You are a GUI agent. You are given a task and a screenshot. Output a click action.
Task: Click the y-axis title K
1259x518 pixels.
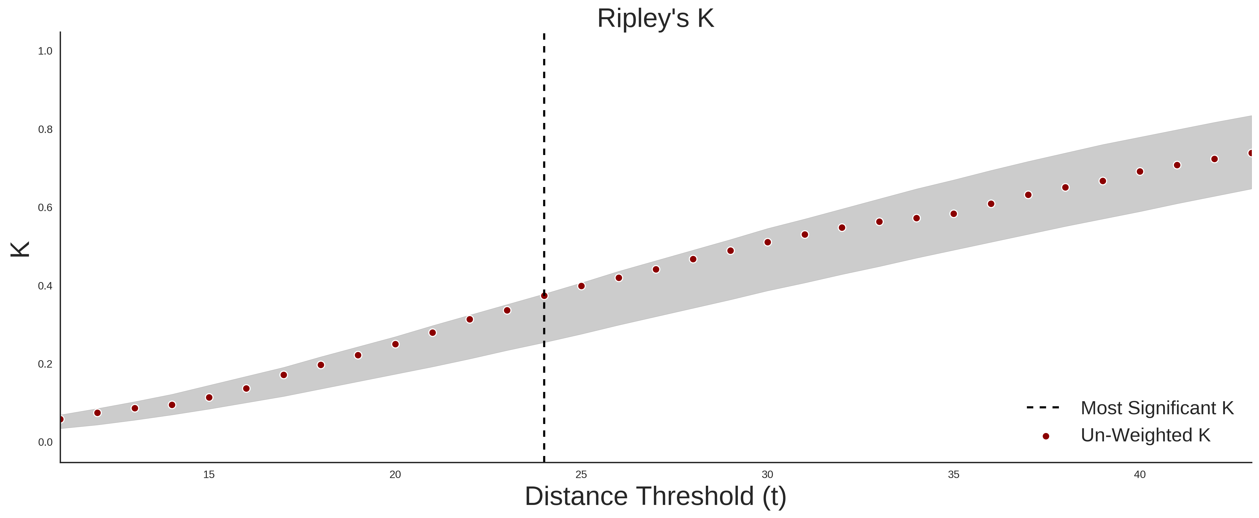click(x=20, y=249)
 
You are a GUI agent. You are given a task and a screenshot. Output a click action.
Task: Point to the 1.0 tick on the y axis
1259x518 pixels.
click(x=45, y=51)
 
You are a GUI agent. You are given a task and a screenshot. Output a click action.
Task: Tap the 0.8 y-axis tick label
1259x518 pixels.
click(x=45, y=130)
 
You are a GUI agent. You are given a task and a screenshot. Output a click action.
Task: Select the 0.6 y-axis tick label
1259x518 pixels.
click(x=45, y=208)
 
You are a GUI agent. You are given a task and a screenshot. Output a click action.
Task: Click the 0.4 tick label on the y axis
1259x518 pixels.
click(x=45, y=286)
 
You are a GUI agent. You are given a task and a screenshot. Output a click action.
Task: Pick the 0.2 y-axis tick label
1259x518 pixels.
click(x=45, y=364)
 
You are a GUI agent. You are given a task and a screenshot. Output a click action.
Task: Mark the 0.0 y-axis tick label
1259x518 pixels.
click(x=45, y=442)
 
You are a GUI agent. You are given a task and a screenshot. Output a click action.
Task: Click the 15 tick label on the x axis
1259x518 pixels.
click(x=209, y=474)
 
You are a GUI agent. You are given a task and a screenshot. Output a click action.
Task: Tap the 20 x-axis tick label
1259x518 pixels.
click(x=395, y=474)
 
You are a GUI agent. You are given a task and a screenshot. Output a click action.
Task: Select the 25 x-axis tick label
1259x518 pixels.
click(x=581, y=474)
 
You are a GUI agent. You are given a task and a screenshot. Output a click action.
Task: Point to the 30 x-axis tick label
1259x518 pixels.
click(x=767, y=474)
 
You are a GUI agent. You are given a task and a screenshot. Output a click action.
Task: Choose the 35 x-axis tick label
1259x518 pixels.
click(x=954, y=474)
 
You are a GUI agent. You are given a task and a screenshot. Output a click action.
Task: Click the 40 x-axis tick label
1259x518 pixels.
click(x=1140, y=474)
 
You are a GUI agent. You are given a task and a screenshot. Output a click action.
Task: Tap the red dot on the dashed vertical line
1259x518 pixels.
click(x=544, y=296)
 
